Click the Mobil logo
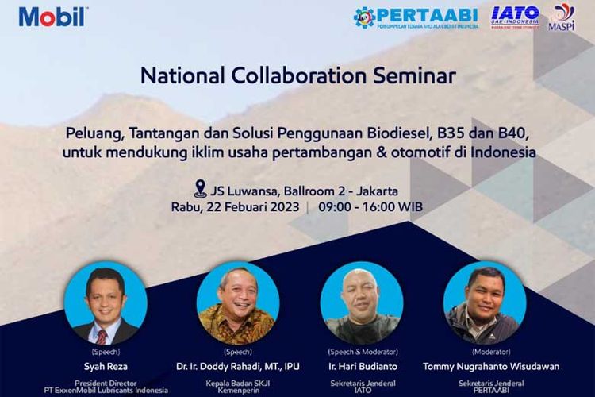[x=53, y=16]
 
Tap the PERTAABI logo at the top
[x=416, y=17]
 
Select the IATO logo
[x=516, y=17]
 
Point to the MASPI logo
[x=562, y=16]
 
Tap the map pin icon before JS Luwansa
[x=201, y=189]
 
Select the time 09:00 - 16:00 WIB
[x=370, y=206]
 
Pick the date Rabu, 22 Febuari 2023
[x=235, y=206]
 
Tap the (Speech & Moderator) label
[x=363, y=351]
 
